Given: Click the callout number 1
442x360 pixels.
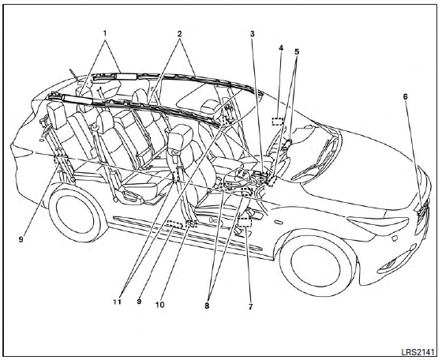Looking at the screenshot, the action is pyautogui.click(x=105, y=33).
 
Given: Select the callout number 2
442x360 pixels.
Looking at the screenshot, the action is pyautogui.click(x=180, y=34).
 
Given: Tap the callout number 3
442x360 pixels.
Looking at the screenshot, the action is pyautogui.click(x=253, y=34).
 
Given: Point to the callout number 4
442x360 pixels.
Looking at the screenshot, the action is pyautogui.click(x=281, y=48).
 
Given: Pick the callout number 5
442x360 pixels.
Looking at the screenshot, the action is pyautogui.click(x=297, y=52).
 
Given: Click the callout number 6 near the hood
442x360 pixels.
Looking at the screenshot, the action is pyautogui.click(x=406, y=96).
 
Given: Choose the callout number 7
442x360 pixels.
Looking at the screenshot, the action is pyautogui.click(x=251, y=306).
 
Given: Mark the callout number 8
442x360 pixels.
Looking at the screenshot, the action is pyautogui.click(x=207, y=306).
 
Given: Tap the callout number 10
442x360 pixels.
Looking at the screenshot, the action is pyautogui.click(x=159, y=305).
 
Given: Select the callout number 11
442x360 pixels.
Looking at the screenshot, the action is pyautogui.click(x=118, y=302).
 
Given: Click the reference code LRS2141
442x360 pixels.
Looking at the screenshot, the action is pyautogui.click(x=418, y=352).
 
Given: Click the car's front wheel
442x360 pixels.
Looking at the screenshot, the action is pyautogui.click(x=316, y=266).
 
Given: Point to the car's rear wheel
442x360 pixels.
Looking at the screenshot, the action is pyautogui.click(x=77, y=211).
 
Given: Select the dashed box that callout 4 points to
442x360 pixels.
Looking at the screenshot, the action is pyautogui.click(x=278, y=122).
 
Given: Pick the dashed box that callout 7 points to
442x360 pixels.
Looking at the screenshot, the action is pyautogui.click(x=245, y=222).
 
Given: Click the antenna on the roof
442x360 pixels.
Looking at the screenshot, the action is pyautogui.click(x=74, y=74).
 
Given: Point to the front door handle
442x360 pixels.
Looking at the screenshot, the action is pyautogui.click(x=279, y=223).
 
